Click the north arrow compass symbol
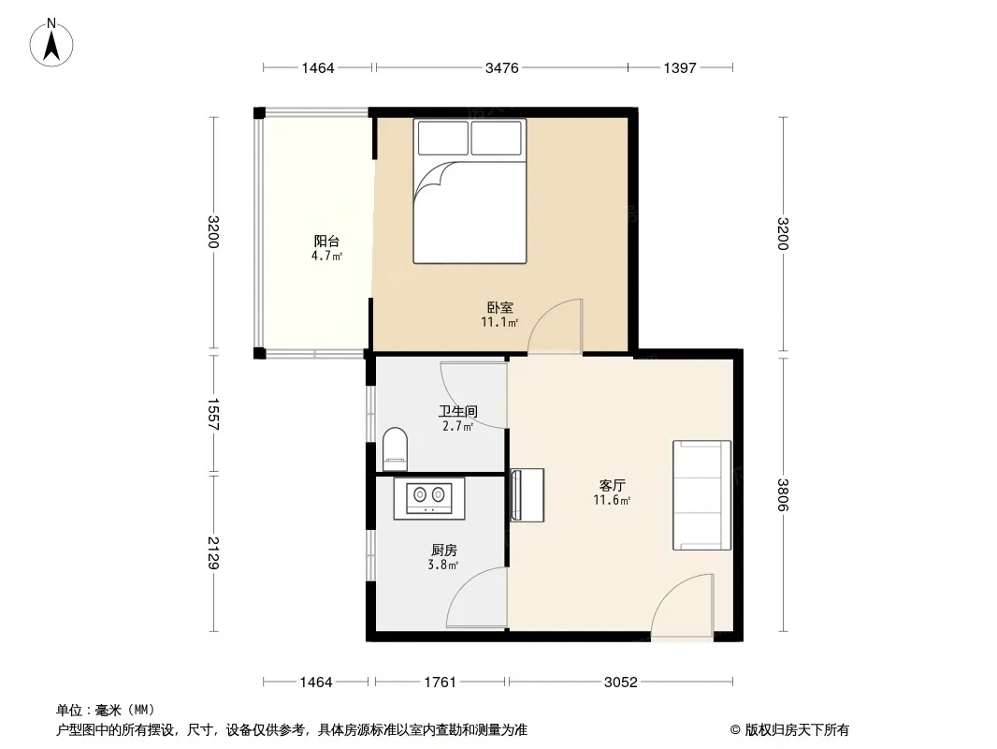click(x=51, y=43)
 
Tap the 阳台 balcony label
click(x=326, y=242)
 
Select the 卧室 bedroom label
click(x=499, y=307)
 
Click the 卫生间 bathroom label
click(x=457, y=411)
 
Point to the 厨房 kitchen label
click(x=444, y=550)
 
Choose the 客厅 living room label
click(x=612, y=486)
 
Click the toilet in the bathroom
click(x=395, y=448)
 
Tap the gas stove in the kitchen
click(x=429, y=498)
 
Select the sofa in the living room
click(x=702, y=494)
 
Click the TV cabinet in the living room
click(x=527, y=495)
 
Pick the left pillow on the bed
click(x=442, y=138)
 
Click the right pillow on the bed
click(x=497, y=138)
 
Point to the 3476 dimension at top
click(x=501, y=67)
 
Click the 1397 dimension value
click(x=680, y=67)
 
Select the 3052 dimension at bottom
click(x=621, y=683)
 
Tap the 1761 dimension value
click(x=440, y=683)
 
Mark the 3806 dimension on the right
click(x=783, y=495)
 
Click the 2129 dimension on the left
click(x=213, y=553)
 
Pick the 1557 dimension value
click(x=213, y=414)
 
